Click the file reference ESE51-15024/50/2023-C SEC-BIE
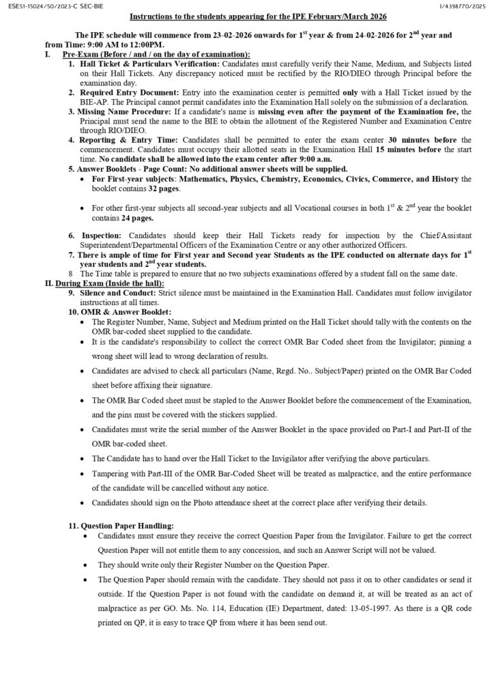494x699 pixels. pos(51,6)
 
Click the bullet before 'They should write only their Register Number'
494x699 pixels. pos(83,565)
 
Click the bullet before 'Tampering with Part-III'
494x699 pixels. pos(83,473)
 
